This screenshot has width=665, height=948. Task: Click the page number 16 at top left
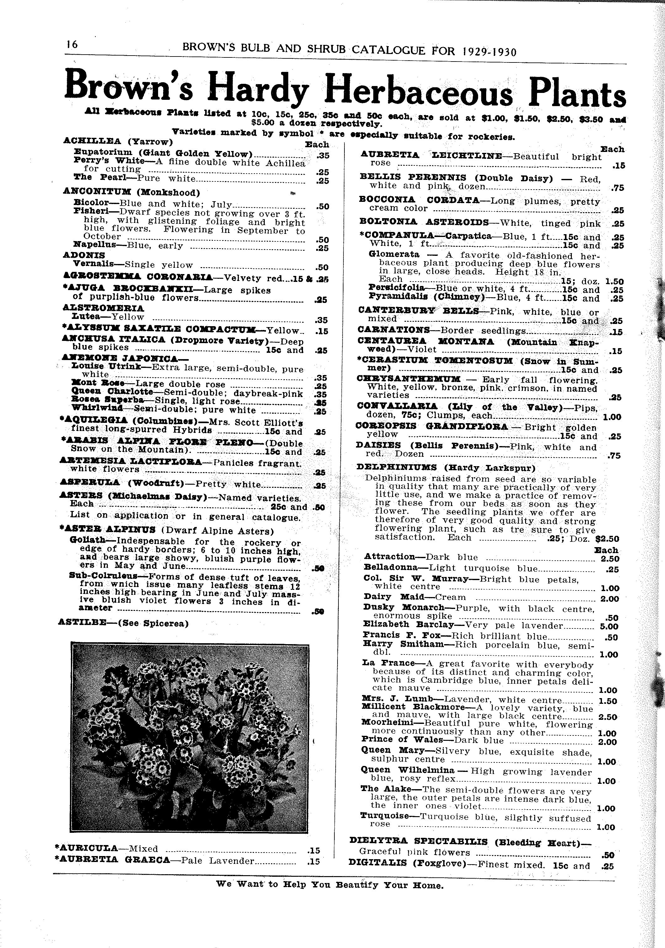pos(72,45)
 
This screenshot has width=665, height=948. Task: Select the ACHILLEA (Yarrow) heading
pos(118,141)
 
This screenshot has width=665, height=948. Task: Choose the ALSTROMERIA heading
pos(103,308)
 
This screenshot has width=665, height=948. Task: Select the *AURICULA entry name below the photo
pos(86,848)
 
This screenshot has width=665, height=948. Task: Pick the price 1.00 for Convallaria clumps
pos(612,417)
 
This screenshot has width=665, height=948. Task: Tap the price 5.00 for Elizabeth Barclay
pos(609,626)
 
